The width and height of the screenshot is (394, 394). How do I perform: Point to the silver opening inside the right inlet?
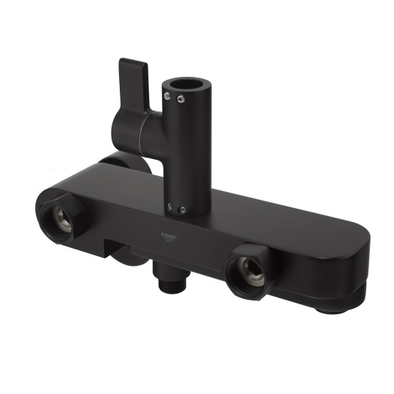pos(249,271)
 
